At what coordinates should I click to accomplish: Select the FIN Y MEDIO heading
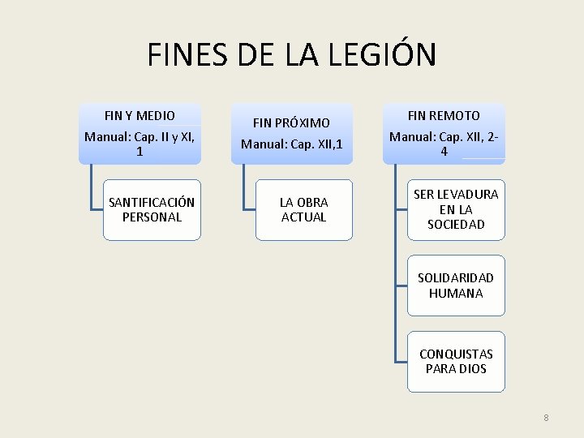click(x=140, y=116)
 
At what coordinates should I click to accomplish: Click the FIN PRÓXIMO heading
click(x=291, y=123)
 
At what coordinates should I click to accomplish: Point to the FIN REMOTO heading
click(x=443, y=116)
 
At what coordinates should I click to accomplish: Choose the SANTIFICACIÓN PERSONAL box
click(x=152, y=209)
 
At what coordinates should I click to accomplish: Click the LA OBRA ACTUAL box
click(x=303, y=209)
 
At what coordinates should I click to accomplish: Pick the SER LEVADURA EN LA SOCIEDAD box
click(x=456, y=209)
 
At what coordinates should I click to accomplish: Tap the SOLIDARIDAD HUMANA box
click(x=456, y=286)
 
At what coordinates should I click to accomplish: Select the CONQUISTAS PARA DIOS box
click(x=456, y=361)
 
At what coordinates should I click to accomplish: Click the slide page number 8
click(x=546, y=418)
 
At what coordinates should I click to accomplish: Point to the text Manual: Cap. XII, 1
click(x=291, y=144)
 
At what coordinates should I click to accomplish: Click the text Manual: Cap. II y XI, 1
click(x=140, y=144)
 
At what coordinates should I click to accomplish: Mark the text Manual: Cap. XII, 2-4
click(x=443, y=144)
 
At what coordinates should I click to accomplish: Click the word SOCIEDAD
click(x=456, y=224)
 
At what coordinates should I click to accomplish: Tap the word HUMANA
click(x=456, y=294)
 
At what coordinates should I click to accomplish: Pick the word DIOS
click(x=472, y=369)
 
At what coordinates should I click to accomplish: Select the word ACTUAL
click(x=303, y=217)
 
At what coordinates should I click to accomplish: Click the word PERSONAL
click(x=152, y=217)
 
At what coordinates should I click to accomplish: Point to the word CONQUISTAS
click(x=456, y=354)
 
